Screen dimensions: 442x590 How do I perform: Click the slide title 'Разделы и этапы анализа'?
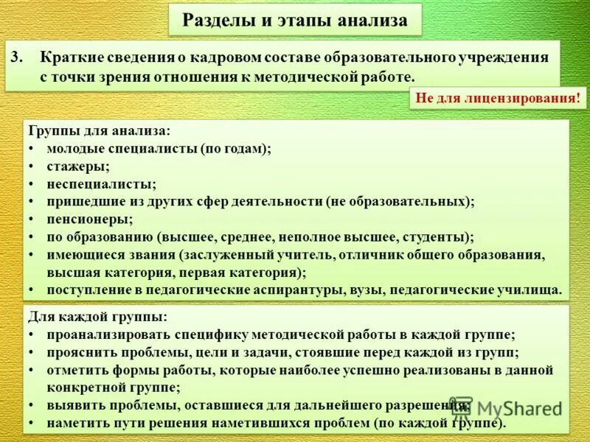[x=294, y=21]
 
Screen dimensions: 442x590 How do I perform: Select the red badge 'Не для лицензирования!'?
[x=498, y=98]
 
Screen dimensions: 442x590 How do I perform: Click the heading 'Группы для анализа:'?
[x=100, y=131]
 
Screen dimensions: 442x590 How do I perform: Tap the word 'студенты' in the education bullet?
[x=439, y=237]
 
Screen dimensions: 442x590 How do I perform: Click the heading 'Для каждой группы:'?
[x=98, y=317]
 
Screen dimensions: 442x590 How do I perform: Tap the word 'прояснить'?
[x=81, y=352]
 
